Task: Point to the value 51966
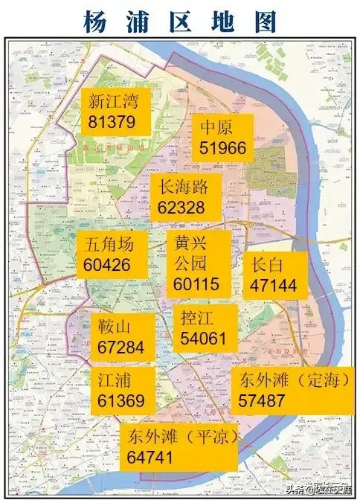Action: click(x=222, y=147)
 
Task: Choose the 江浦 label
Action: click(x=115, y=380)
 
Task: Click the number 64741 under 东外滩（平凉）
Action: click(x=150, y=456)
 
